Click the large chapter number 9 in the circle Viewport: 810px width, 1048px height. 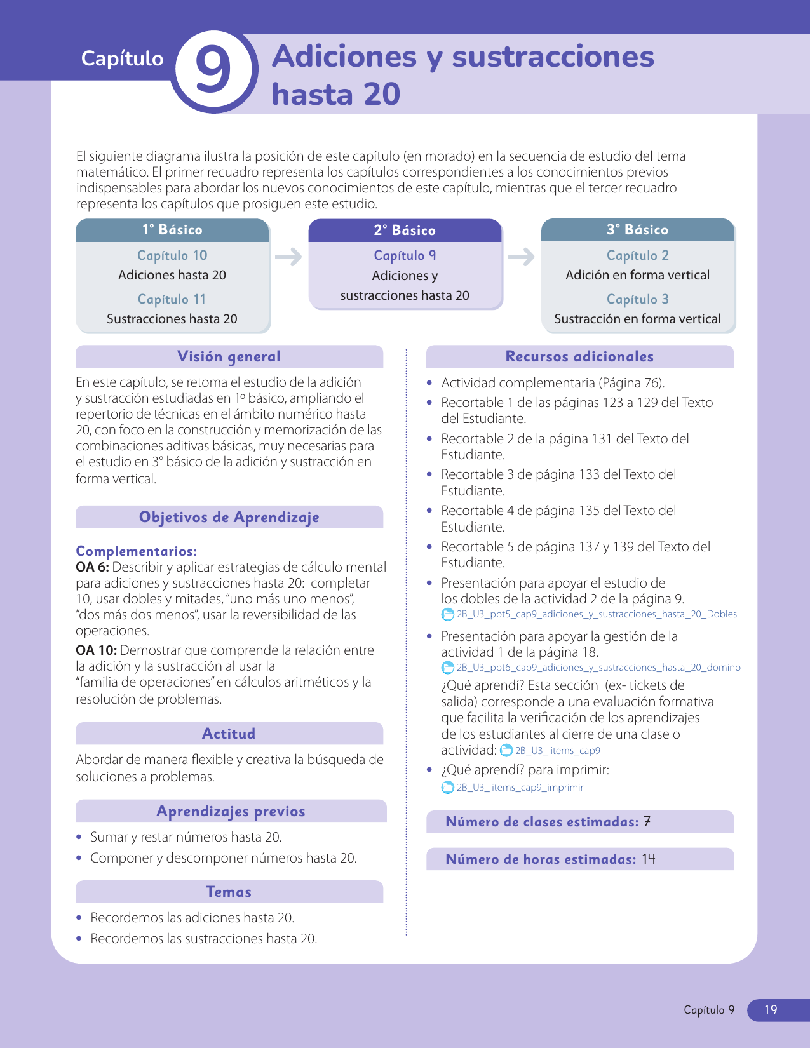[x=213, y=69]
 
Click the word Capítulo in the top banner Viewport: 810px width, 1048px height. [x=122, y=58]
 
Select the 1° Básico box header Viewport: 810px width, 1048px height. [x=172, y=230]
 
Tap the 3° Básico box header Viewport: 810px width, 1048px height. [x=637, y=230]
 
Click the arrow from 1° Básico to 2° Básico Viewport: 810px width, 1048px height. [x=288, y=257]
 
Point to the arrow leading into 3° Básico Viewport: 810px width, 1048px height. [x=521, y=257]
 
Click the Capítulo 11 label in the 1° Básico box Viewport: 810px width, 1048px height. [x=172, y=299]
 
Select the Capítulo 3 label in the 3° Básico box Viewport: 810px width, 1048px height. [x=637, y=299]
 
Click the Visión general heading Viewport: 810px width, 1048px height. [x=229, y=356]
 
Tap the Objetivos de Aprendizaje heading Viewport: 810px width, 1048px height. [x=229, y=517]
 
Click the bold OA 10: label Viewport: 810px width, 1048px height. [x=96, y=650]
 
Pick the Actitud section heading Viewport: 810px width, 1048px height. [x=229, y=734]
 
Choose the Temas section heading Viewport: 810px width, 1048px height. [x=229, y=892]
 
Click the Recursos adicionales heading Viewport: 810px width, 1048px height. [x=579, y=356]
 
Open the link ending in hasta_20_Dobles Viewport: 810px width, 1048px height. [x=597, y=614]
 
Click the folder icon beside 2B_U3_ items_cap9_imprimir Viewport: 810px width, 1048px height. [x=448, y=788]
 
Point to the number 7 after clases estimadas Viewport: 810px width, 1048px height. [x=647, y=822]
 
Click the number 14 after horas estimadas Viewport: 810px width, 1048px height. [x=648, y=859]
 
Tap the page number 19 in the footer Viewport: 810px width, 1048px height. [x=771, y=1010]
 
